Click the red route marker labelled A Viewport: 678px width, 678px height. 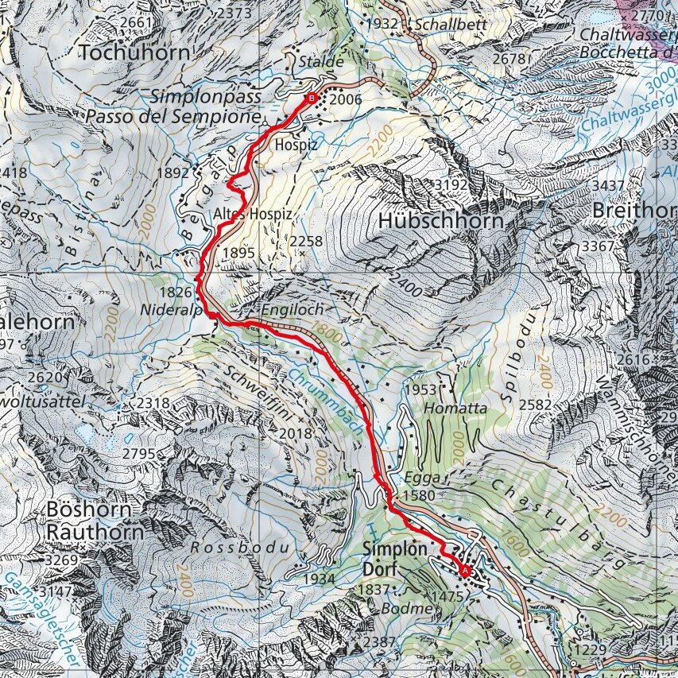tap(464, 569)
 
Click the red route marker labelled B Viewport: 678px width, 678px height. tap(311, 98)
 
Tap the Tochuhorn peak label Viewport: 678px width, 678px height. tap(135, 52)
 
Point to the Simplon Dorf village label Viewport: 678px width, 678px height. tap(389, 559)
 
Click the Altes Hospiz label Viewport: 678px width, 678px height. tap(253, 215)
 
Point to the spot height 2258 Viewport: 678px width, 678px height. tap(308, 241)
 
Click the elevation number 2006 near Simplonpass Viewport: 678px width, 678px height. tap(345, 99)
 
